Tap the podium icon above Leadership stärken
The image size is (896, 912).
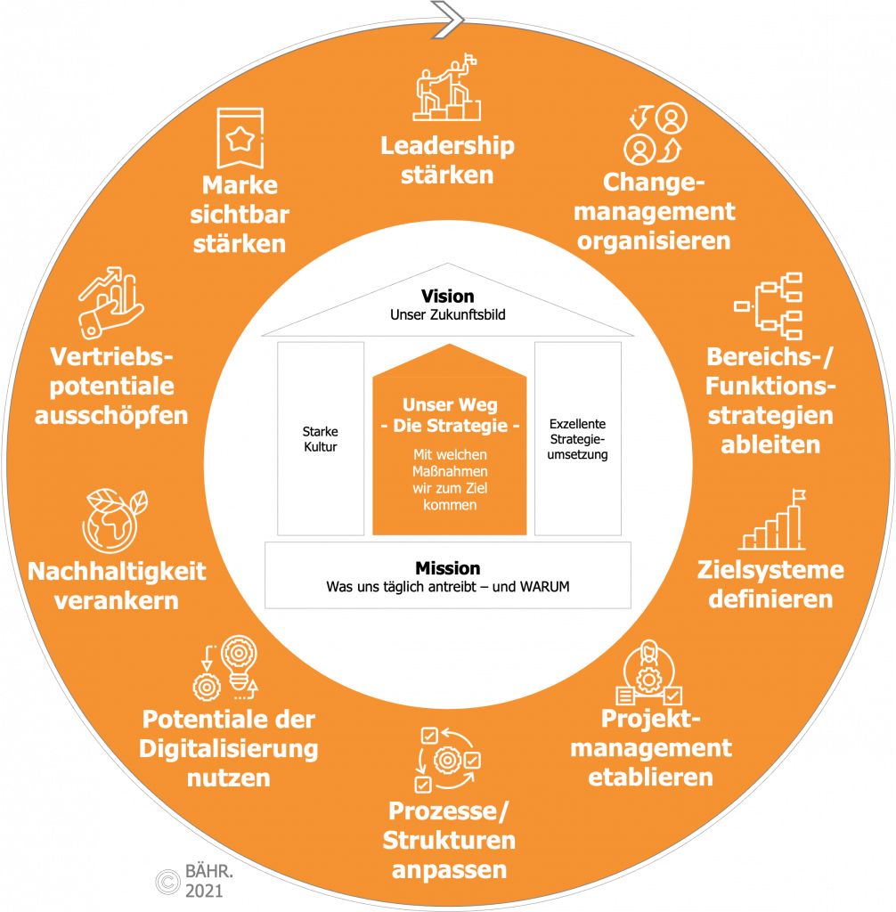[x=447, y=90]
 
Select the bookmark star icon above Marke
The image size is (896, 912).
[x=240, y=138]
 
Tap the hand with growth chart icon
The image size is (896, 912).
[x=110, y=304]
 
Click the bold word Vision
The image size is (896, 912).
[x=447, y=297]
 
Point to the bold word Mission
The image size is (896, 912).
[x=447, y=568]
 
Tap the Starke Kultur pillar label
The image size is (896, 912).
[x=320, y=440]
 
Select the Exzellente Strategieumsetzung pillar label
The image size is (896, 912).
[x=578, y=440]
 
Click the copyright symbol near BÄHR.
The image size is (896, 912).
[x=167, y=881]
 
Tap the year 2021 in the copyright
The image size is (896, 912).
[x=203, y=891]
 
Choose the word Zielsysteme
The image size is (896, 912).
[x=770, y=570]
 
